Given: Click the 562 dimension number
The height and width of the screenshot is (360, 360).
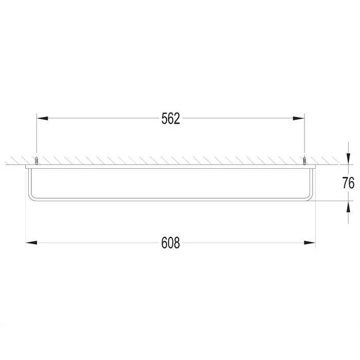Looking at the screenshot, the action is (171, 118).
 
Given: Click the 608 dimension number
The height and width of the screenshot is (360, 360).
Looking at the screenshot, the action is (171, 243).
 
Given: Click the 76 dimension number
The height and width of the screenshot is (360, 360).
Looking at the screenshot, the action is (348, 183).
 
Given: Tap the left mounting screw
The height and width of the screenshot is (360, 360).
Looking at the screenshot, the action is (37, 160).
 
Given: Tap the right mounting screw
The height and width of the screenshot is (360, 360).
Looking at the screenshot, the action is (304, 160).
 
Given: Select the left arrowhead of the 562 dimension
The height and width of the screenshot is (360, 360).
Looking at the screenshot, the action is (43, 118).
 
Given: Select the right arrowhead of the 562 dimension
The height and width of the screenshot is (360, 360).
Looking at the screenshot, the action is (298, 118).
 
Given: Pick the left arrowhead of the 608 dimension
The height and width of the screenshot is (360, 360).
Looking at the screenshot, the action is (31, 243).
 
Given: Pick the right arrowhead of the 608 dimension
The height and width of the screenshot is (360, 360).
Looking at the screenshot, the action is (310, 243).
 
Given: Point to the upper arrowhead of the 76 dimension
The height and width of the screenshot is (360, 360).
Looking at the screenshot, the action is (349, 159).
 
